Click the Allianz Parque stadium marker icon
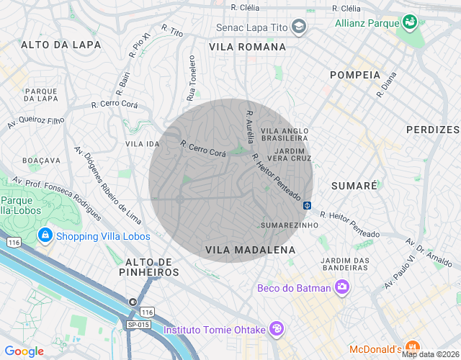[410, 22]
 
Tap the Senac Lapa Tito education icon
[299, 28]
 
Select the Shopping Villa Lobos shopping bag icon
[45, 235]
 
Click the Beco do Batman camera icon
[342, 288]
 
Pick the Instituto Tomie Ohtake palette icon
[277, 329]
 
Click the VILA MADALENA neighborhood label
[251, 250]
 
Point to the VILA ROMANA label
[247, 47]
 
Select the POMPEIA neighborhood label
[354, 75]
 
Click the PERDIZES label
[432, 130]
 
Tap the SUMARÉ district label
[354, 186]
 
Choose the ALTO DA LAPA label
[61, 45]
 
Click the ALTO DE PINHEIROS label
[152, 267]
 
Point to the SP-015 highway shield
[138, 325]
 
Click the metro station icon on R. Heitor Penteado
[307, 205]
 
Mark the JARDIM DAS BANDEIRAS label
[345, 264]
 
